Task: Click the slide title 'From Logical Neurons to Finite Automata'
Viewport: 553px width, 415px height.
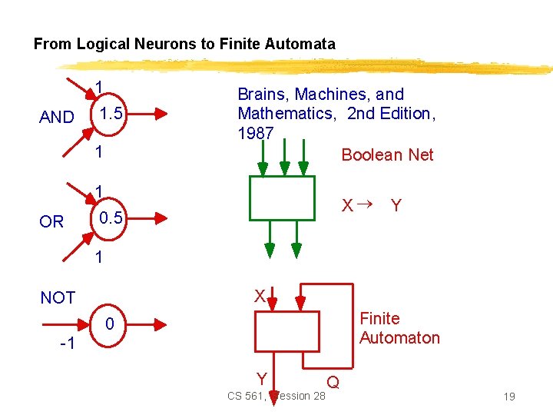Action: pos(184,44)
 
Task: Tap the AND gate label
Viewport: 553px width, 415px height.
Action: pos(57,118)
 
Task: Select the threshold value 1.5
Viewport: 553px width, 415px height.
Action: pos(108,115)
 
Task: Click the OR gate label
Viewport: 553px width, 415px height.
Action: pos(51,222)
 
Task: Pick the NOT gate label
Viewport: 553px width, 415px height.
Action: pos(58,297)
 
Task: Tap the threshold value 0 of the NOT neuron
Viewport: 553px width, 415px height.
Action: pos(110,325)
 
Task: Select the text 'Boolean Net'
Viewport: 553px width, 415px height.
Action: pos(387,155)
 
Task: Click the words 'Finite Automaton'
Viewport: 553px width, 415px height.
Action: pos(399,328)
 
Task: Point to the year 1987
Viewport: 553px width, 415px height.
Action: pos(256,134)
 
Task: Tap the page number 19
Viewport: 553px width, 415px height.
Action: pos(508,397)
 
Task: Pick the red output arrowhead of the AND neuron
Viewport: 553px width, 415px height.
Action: pos(161,115)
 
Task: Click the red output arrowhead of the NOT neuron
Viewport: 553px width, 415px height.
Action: pos(161,325)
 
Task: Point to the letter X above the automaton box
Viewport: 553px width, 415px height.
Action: pos(260,297)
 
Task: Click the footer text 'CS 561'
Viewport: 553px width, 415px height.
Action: pos(245,397)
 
